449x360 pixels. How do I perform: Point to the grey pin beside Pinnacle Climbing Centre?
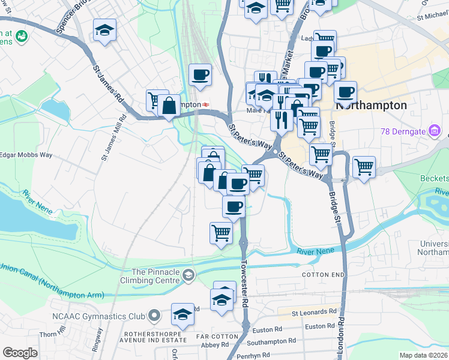point(188,275)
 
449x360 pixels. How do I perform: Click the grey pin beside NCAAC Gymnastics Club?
point(155,315)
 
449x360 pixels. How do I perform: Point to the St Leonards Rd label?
point(315,312)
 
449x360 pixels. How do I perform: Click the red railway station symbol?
point(206,104)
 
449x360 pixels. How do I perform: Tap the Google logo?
point(20,353)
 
